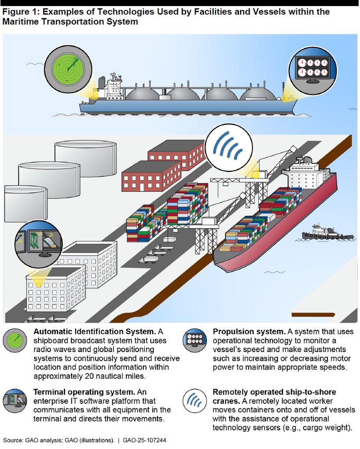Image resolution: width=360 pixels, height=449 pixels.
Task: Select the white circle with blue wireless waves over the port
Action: point(229,147)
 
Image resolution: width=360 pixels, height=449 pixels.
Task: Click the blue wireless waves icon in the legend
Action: point(194,399)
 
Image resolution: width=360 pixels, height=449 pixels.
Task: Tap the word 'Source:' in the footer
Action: point(12,440)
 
